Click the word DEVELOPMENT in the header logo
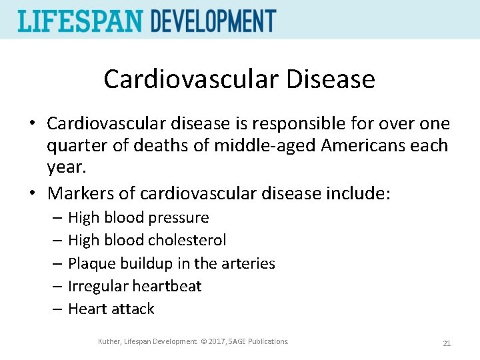[213, 21]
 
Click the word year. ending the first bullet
[65, 167]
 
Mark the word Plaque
[92, 263]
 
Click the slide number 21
[447, 343]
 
